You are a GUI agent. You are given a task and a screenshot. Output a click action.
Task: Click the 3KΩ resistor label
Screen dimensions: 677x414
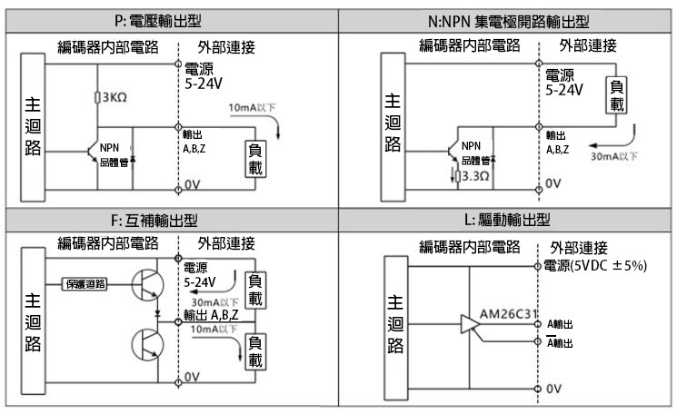click(x=113, y=97)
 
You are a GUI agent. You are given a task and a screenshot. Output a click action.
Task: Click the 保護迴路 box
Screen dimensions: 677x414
click(x=84, y=283)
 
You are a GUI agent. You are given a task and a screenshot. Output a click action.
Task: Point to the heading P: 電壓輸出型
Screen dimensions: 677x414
click(x=169, y=19)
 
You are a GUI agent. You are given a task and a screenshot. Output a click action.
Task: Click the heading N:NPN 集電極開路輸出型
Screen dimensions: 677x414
click(x=507, y=19)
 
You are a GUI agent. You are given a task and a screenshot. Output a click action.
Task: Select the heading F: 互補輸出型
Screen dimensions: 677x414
click(x=169, y=220)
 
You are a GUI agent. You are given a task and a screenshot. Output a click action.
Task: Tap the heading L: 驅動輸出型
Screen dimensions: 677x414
click(x=507, y=220)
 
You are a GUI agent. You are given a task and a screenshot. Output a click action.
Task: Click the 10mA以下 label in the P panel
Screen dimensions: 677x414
click(x=249, y=108)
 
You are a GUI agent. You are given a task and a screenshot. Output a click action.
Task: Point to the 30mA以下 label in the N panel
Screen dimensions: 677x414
click(x=614, y=155)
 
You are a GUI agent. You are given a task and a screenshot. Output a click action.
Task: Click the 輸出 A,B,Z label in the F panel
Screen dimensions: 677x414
click(x=212, y=315)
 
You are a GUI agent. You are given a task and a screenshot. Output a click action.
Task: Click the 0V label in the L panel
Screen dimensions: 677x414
click(x=553, y=388)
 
